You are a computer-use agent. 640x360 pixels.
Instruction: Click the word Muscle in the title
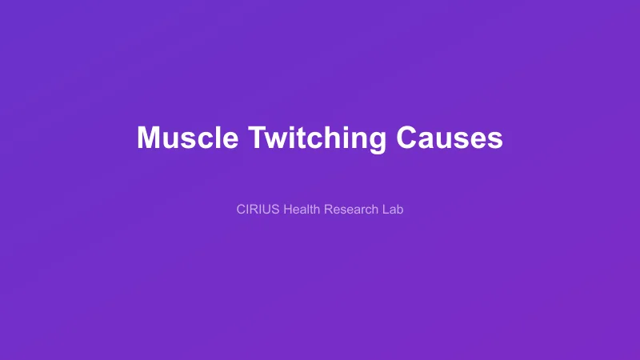coord(187,138)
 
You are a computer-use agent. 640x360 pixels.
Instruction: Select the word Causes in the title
coord(449,138)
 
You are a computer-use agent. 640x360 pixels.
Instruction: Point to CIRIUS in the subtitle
coord(258,210)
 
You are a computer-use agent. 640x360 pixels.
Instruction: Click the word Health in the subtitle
coord(302,210)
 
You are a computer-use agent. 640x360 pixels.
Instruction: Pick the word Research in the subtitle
coord(352,210)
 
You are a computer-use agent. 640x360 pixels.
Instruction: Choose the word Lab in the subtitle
coord(393,210)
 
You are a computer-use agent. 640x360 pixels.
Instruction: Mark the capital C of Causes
coord(407,138)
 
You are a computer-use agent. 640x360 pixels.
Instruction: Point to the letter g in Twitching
coord(377,141)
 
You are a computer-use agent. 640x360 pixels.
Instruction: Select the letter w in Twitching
coord(276,139)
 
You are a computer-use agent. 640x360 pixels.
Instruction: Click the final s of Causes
coord(495,139)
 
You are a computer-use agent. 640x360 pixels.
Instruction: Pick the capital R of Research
coord(328,210)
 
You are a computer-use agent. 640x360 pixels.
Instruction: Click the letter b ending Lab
coord(400,210)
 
